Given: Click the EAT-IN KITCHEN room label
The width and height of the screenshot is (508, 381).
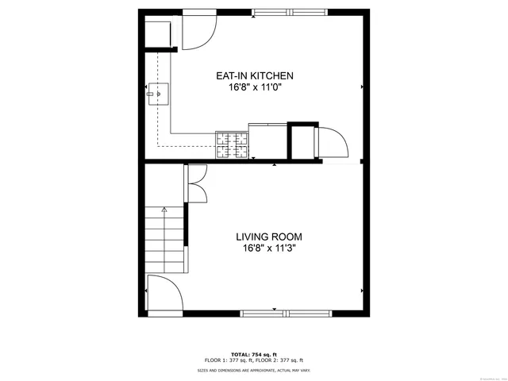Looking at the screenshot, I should [255, 76].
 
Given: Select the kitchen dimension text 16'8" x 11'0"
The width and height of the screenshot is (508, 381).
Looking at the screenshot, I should [255, 88].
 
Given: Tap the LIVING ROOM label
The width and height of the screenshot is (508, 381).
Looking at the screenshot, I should [268, 237].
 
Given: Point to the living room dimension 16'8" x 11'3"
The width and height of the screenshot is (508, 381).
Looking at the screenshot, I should [268, 248].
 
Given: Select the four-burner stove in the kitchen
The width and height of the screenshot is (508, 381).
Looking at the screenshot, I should [231, 145].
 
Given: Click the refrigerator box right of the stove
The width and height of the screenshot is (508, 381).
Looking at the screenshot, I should [267, 141].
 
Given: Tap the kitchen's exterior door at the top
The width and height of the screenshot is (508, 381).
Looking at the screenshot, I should [198, 32].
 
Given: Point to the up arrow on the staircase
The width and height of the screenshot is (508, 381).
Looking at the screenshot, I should [164, 210].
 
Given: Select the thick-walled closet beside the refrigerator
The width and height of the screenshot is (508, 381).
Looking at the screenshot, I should [302, 143].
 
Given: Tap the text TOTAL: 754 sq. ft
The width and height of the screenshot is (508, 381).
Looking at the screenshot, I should [254, 353].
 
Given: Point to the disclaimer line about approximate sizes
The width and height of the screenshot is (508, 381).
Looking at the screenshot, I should [254, 371].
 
